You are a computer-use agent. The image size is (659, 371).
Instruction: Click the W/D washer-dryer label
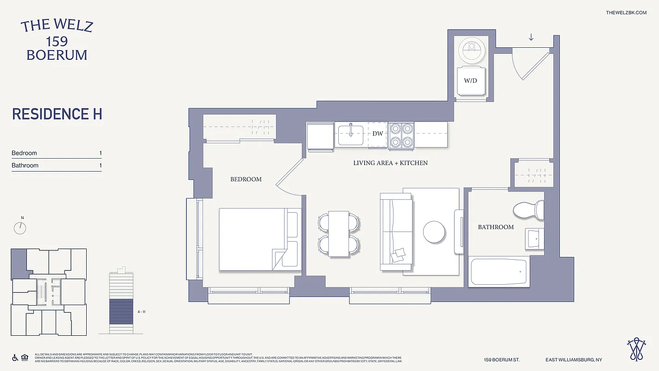coord(470,81)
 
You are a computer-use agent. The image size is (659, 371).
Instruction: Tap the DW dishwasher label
coord(378,134)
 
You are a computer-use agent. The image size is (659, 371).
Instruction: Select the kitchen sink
coord(351,134)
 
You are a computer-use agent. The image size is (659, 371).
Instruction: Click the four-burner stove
coord(401,135)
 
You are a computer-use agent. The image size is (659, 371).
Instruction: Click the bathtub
coord(499,272)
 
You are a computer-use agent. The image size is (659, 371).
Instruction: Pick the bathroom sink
coord(534,238)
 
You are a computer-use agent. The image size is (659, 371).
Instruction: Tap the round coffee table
coord(434,232)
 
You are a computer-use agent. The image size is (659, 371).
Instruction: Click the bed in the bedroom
coord(253,239)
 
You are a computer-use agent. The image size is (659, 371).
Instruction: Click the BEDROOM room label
coord(246,179)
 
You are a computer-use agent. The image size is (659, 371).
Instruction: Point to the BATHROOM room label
coord(496,227)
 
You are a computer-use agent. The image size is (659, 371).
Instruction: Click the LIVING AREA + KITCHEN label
coord(390,163)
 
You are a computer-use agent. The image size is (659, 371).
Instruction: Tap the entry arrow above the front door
coord(531,38)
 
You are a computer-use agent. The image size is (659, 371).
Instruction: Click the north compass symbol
coord(20,228)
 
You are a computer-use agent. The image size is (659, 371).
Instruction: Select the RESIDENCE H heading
coord(57,114)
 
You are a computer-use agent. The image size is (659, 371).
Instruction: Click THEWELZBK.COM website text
coord(626,13)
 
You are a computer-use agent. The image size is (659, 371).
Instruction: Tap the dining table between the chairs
coord(338,234)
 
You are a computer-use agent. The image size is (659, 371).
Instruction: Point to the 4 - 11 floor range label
coord(142,312)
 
